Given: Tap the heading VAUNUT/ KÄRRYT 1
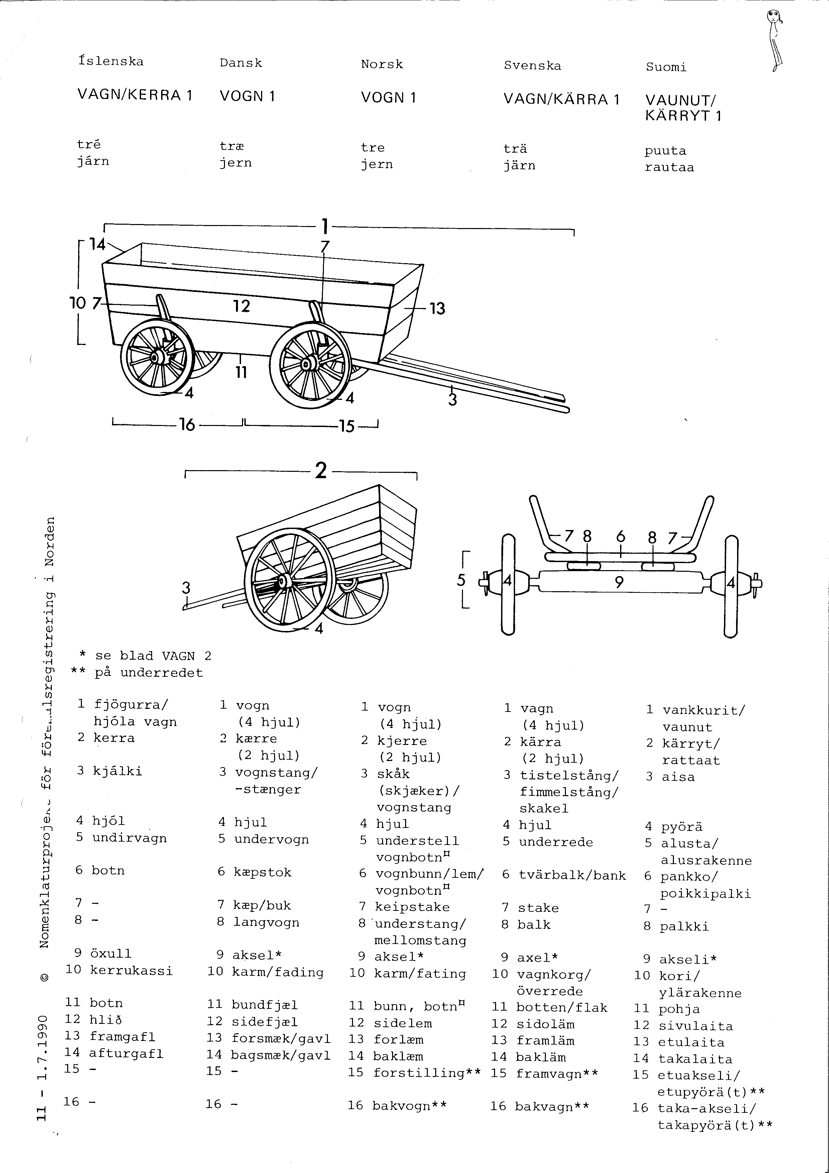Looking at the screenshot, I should (x=682, y=108).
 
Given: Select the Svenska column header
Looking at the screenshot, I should (x=532, y=66).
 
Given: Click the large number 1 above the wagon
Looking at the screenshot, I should (x=324, y=226).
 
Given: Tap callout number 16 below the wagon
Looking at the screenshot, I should (x=187, y=425).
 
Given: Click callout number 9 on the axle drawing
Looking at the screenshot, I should (x=619, y=582).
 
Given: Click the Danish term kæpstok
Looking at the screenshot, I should (x=262, y=872).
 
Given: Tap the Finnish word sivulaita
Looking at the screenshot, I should (x=696, y=1026).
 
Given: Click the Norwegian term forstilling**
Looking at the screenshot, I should (x=427, y=1072).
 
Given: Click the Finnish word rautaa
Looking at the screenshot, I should (x=669, y=168).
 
